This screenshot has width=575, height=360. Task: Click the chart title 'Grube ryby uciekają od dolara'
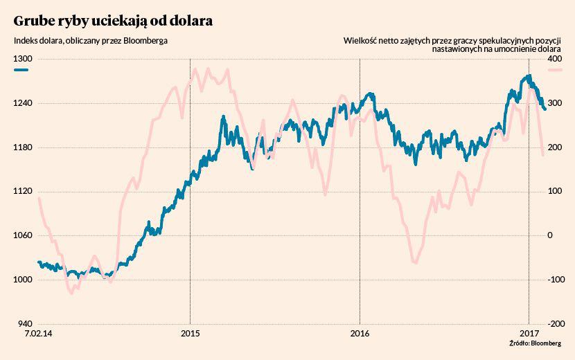(112, 20)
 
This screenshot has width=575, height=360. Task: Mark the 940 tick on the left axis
(25, 324)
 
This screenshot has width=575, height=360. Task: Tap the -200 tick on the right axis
(552, 324)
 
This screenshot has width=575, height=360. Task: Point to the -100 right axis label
(552, 280)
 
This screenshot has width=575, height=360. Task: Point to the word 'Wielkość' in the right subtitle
(360, 40)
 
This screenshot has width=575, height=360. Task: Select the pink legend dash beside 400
(567, 71)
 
